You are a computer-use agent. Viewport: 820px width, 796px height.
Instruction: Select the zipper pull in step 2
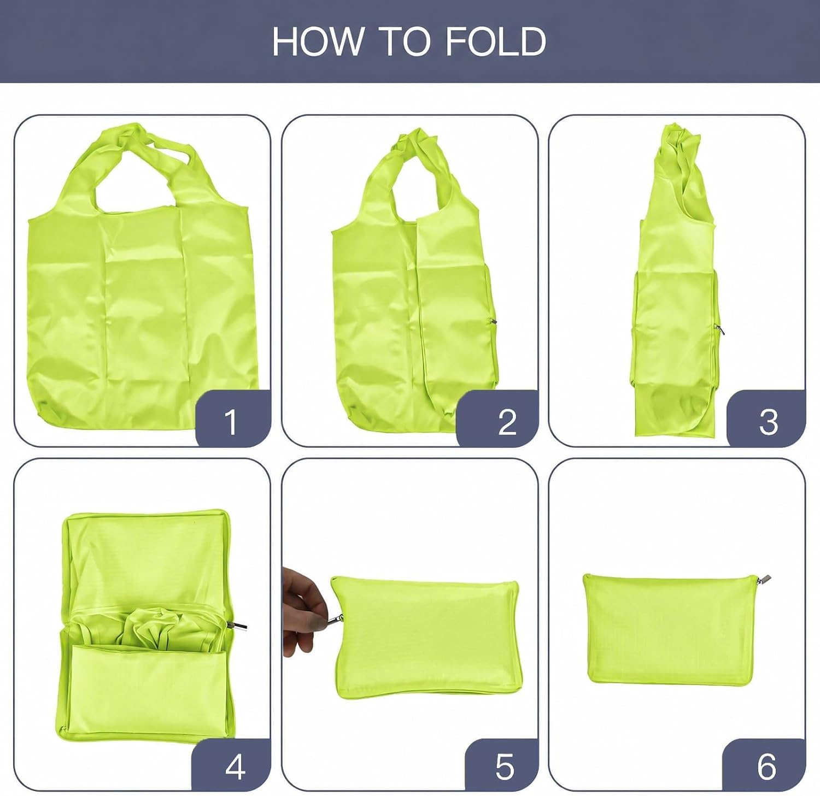(x=493, y=322)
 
